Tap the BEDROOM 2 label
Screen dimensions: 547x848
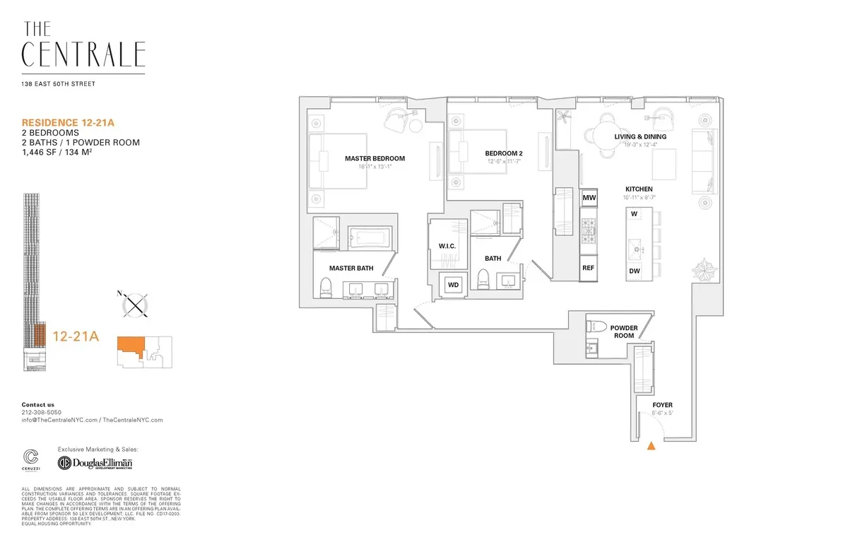point(504,153)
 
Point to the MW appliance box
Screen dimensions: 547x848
point(589,199)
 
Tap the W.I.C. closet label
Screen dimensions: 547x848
point(448,245)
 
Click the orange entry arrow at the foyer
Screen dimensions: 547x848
point(652,445)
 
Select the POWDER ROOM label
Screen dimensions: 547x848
point(624,331)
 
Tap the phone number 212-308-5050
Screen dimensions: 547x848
point(42,412)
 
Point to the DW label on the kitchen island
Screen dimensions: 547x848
point(634,271)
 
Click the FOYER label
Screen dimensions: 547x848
point(663,405)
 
